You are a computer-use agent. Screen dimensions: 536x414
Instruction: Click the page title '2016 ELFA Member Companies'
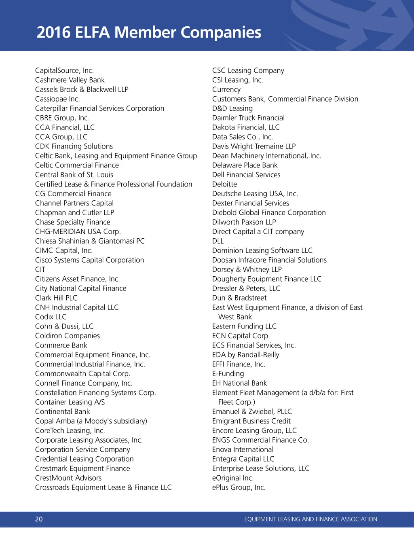point(149,32)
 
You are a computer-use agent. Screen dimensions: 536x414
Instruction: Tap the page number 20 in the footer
point(39,519)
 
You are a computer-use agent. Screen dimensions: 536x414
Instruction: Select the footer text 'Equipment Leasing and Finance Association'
point(310,519)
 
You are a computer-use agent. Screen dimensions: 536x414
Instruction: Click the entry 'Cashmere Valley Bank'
point(70,80)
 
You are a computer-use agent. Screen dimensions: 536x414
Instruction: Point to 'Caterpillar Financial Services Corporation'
point(99,108)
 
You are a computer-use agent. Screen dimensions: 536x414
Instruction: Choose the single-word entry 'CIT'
point(40,269)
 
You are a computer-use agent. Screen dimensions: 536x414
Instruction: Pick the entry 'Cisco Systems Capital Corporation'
point(89,260)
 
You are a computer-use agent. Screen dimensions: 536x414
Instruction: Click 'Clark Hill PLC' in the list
point(56,298)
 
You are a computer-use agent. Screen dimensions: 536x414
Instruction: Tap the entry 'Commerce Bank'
point(61,345)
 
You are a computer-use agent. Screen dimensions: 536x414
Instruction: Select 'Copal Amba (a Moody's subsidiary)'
point(91,421)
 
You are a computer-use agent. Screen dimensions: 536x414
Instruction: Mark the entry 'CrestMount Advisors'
point(68,478)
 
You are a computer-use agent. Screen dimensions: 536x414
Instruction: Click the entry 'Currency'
point(226,90)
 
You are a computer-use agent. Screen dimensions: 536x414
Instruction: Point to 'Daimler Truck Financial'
point(248,118)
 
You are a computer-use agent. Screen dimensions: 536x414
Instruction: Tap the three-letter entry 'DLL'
point(218,241)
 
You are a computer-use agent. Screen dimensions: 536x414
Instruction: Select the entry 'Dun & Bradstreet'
point(239,298)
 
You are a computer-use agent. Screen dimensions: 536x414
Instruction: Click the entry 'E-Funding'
point(228,374)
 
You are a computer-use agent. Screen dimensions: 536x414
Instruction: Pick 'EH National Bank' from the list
point(239,383)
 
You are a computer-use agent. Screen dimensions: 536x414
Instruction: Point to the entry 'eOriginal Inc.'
point(233,478)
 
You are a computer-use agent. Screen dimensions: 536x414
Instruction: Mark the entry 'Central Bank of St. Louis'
point(74,175)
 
